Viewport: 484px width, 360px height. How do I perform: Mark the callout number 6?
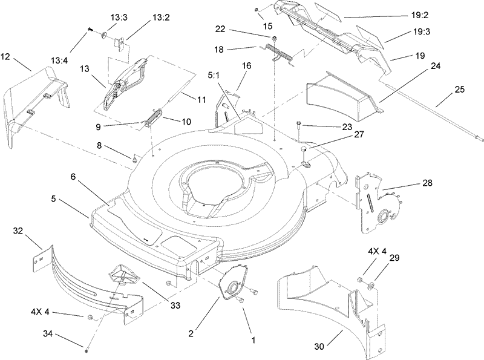tap(73, 177)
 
